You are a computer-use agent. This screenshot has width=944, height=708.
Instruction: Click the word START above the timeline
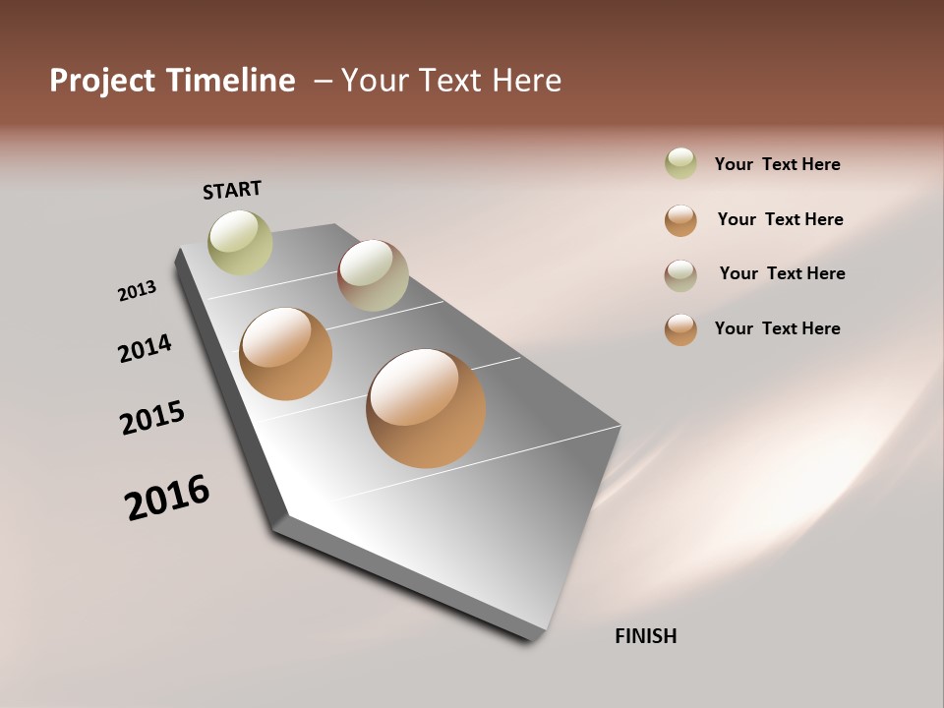(232, 190)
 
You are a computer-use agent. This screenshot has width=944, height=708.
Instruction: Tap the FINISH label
(645, 636)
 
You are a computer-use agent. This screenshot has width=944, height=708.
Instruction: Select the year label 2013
(138, 291)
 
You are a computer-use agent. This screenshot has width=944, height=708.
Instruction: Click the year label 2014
(146, 348)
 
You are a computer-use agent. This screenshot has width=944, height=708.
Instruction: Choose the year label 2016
(167, 498)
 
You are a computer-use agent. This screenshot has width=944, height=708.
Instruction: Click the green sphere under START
(241, 242)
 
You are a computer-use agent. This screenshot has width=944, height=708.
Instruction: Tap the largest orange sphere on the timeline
(426, 408)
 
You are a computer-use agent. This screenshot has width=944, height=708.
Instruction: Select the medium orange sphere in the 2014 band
(286, 354)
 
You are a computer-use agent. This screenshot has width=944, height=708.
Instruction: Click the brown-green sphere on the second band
(373, 275)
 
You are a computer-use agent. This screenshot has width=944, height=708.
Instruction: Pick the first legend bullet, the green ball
(680, 163)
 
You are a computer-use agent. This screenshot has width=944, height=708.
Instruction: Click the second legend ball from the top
(680, 220)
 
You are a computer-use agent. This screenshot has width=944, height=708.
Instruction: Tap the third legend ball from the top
(680, 275)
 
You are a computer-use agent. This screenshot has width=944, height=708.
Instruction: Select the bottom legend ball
(680, 329)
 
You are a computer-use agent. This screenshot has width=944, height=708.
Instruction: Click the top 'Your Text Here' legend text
(777, 164)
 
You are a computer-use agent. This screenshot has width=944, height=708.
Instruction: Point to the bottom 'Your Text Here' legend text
(777, 328)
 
